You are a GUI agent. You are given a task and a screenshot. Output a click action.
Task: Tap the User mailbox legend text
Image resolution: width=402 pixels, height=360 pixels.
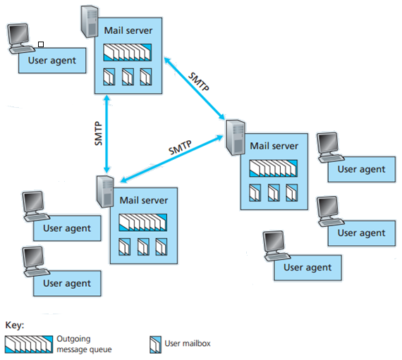[x=187, y=344]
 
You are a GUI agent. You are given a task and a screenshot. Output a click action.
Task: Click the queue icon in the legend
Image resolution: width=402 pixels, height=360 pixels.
[x=28, y=344]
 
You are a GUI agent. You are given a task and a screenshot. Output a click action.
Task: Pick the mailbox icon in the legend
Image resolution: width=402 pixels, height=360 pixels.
[x=154, y=344]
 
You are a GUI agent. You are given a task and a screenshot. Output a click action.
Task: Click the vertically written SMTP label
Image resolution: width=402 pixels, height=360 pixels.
[x=99, y=132]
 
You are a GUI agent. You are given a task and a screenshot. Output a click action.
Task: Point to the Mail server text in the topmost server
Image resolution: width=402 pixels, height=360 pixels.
[x=128, y=31]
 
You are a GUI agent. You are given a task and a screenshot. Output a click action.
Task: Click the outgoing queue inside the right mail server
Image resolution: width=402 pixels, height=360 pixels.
[x=274, y=168]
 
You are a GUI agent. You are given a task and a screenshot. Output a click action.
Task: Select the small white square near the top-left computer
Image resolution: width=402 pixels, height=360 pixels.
[x=41, y=44]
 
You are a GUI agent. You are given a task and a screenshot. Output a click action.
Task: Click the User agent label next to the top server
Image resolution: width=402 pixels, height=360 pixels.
[x=52, y=60]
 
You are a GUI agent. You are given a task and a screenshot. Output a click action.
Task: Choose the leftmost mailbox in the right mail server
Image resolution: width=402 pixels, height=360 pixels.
[x=256, y=192]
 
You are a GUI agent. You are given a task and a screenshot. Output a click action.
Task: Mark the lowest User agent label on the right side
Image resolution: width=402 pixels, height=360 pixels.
[x=307, y=268]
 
